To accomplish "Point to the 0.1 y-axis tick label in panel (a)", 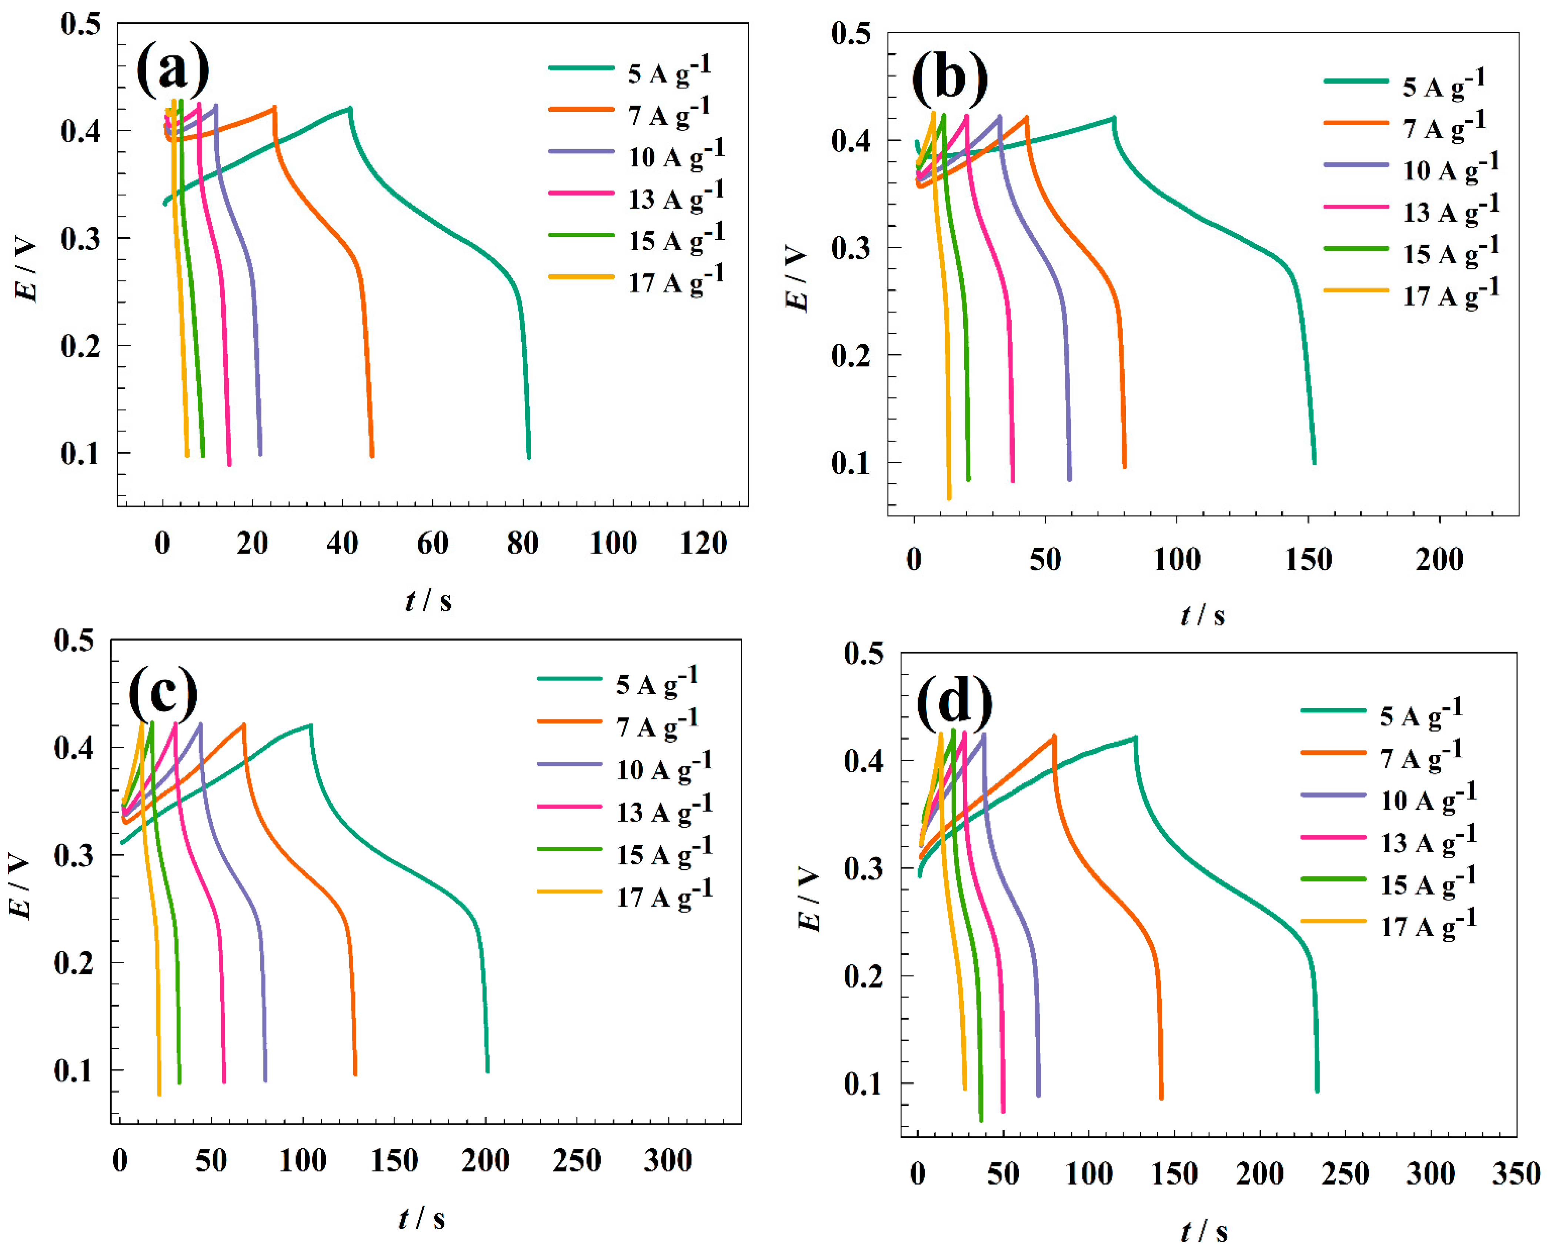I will (x=80, y=453).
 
